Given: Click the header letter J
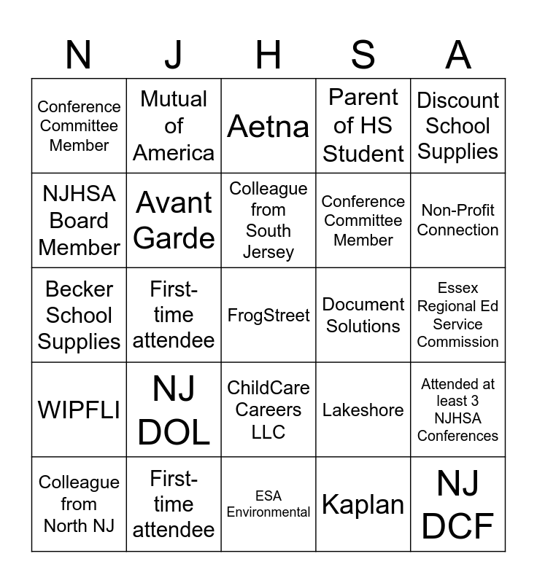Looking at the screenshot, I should pos(174,55).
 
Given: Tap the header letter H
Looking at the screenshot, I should pos(268,55).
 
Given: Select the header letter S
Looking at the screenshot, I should pos(363,55).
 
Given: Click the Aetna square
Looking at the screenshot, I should pos(268,126).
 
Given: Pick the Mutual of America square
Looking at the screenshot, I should pos(174,126).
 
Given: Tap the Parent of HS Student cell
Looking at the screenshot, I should pos(363,126).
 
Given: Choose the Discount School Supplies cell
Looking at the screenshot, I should pos(458,126).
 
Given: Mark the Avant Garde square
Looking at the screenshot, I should pos(174,220).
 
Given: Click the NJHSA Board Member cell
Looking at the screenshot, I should pos(79,220).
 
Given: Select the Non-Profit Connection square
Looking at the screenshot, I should pos(458,220).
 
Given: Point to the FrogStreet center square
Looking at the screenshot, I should pos(268,315).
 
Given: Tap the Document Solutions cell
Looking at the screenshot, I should pos(363,315).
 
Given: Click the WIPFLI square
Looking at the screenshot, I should pos(79,410).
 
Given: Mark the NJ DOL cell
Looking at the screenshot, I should pos(174,410).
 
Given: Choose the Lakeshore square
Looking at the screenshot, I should pos(363,410).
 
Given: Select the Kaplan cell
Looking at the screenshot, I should pos(363,504).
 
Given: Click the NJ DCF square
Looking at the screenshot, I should pos(458,504).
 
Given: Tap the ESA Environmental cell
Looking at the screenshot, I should pos(268,504).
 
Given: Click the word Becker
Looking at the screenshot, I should pos(79,289).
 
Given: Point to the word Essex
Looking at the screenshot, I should pos(458,289).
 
